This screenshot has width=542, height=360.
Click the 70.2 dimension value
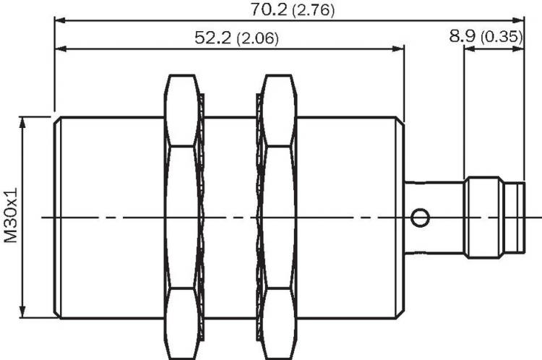pyautogui.click(x=269, y=9)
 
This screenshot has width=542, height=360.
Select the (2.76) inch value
pyautogui.click(x=314, y=10)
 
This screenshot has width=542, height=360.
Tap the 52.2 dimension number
pyautogui.click(x=212, y=38)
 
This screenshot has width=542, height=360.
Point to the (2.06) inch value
pyautogui.click(x=257, y=38)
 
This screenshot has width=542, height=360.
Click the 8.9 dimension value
pyautogui.click(x=463, y=36)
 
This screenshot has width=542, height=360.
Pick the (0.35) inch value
pyautogui.click(x=502, y=37)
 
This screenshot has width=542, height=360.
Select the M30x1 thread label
pyautogui.click(x=11, y=215)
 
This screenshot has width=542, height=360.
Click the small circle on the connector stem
pyautogui.click(x=421, y=218)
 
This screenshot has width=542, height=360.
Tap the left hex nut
pyautogui.click(x=183, y=217)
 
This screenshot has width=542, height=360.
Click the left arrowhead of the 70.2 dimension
pyautogui.click(x=60, y=21)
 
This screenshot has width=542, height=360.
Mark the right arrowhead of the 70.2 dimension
pyautogui.click(x=518, y=21)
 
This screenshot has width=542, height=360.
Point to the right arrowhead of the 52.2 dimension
pyautogui.click(x=398, y=49)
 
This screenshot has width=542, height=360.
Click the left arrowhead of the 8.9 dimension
pyautogui.click(x=470, y=49)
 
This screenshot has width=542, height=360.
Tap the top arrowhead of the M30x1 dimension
pyautogui.click(x=23, y=122)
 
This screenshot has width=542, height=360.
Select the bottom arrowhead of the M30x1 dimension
pyautogui.click(x=23, y=312)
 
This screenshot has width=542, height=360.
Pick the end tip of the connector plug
pyautogui.click(x=525, y=218)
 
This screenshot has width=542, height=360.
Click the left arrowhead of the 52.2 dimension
pyautogui.click(x=60, y=49)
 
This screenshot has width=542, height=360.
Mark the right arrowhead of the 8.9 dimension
pyautogui.click(x=518, y=49)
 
